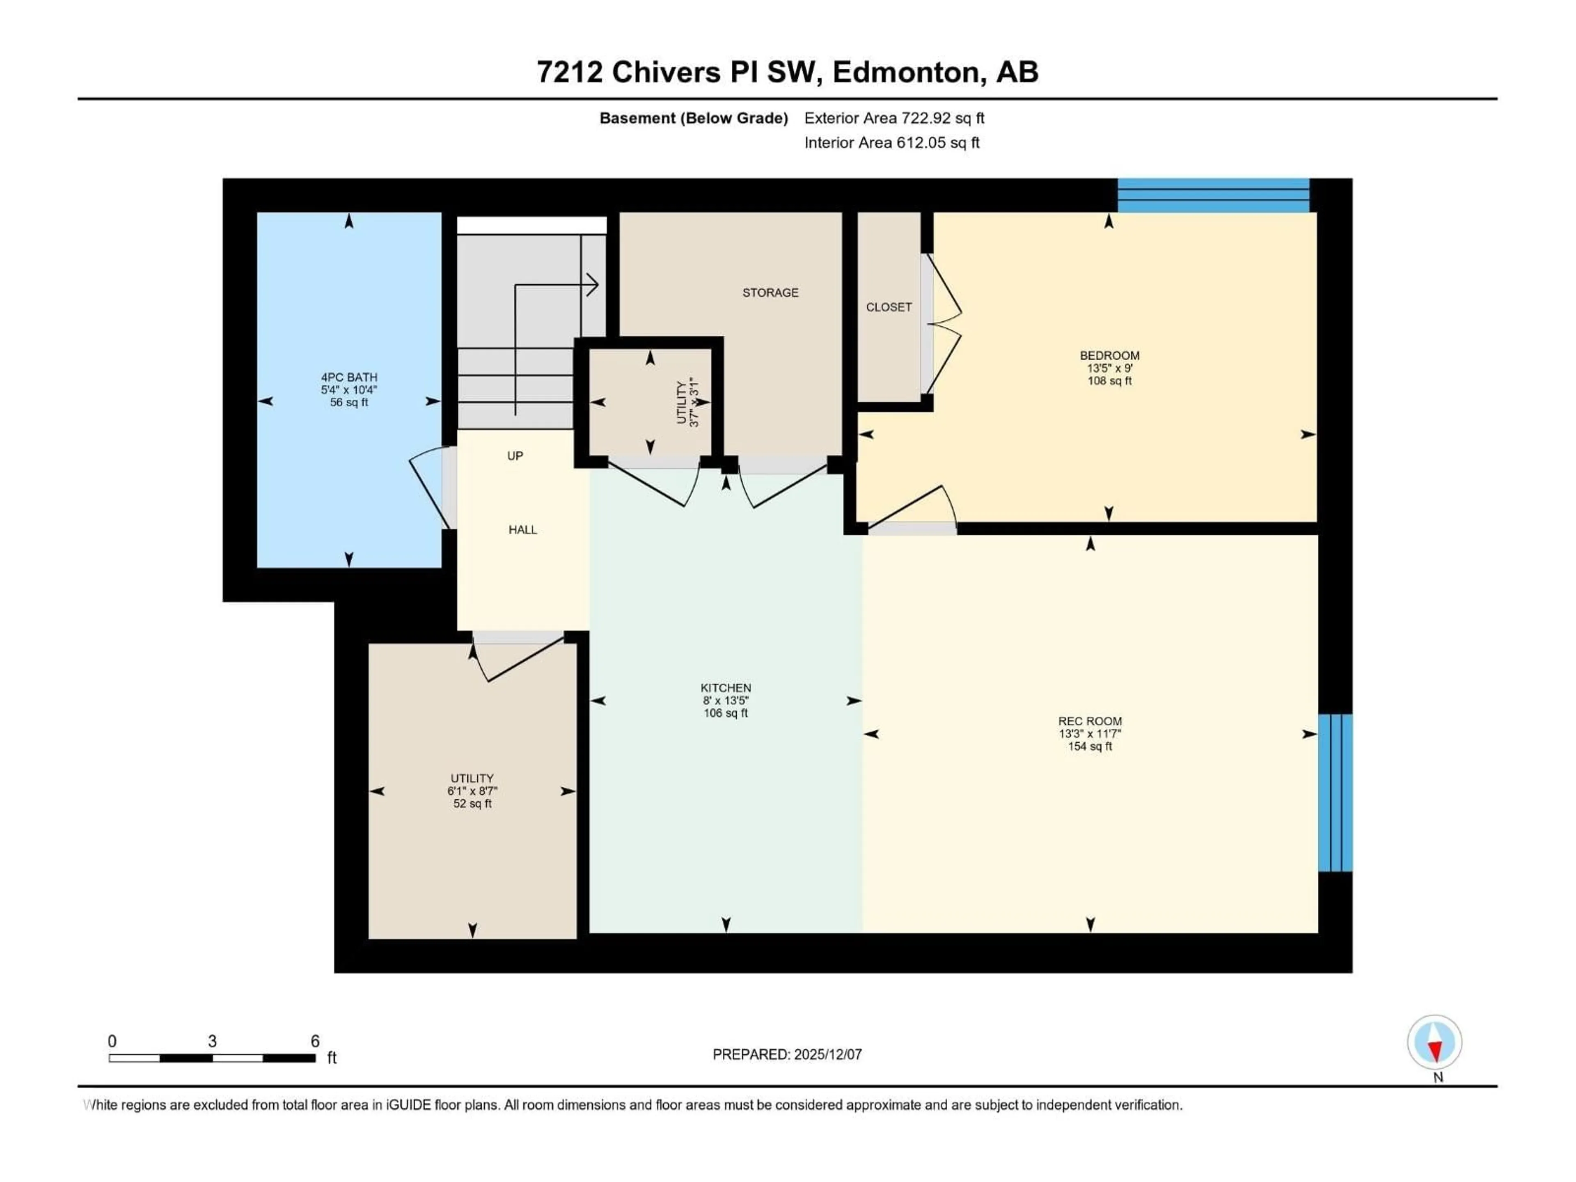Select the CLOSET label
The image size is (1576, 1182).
point(889,307)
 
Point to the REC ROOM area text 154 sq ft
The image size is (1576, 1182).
point(1089,747)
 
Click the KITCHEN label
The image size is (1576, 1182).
point(725,687)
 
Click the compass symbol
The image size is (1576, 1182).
point(1434,1042)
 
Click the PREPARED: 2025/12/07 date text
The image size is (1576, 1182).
point(787,1054)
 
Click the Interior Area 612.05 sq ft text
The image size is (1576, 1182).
point(891,142)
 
